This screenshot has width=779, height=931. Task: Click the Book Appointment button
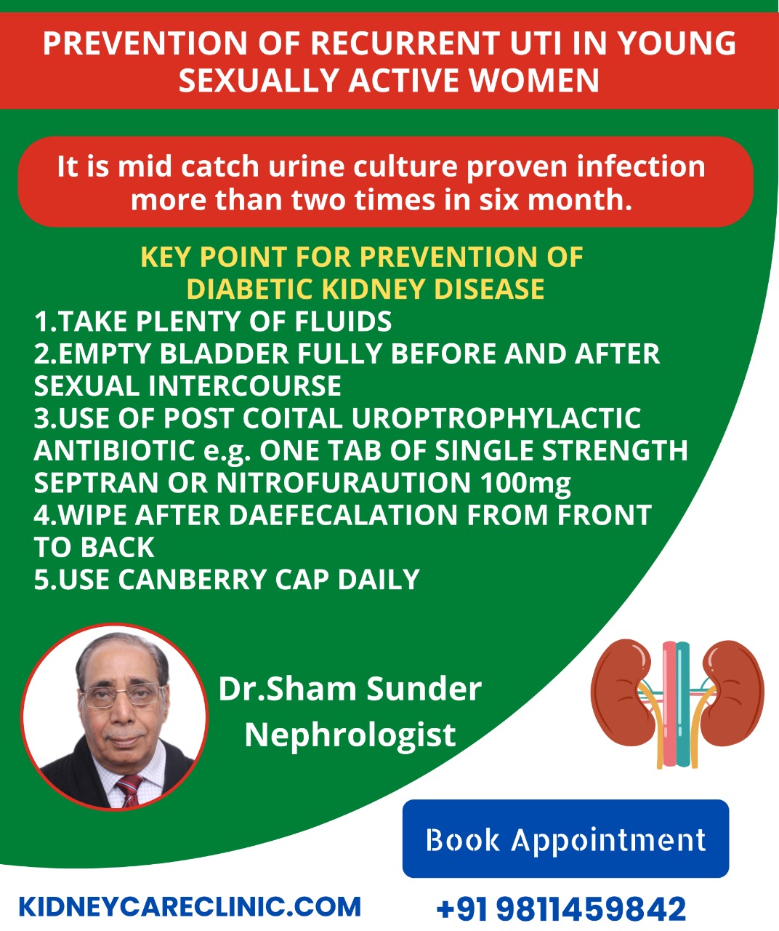coord(565,838)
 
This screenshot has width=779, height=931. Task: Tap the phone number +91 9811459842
coord(561,908)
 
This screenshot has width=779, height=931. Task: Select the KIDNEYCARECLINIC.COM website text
coord(190,906)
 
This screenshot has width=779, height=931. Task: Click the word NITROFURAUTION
coord(344,482)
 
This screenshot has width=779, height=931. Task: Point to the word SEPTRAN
coord(96,482)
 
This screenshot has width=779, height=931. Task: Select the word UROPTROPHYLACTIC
coord(496,417)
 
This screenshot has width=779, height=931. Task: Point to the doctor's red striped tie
coord(129,791)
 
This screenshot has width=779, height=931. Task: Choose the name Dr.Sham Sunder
coord(350,689)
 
